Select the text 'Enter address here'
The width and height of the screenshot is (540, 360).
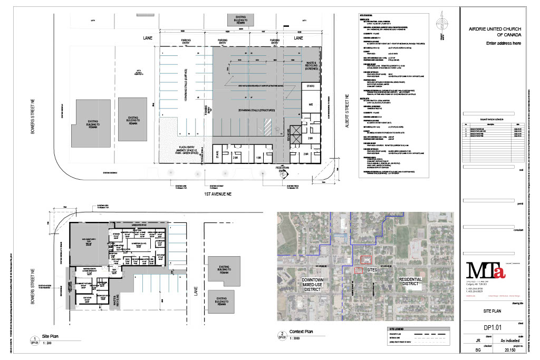(504, 43)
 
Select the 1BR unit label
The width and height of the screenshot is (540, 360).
(258, 157)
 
